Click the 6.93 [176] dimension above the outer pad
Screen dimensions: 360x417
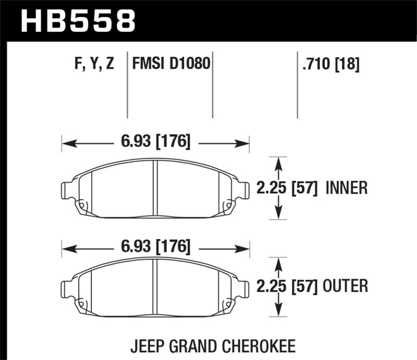156,246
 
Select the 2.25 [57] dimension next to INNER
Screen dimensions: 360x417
288,188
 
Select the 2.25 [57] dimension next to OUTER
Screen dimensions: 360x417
288,286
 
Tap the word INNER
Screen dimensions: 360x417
347,188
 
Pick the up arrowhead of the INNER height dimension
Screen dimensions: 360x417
280,162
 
